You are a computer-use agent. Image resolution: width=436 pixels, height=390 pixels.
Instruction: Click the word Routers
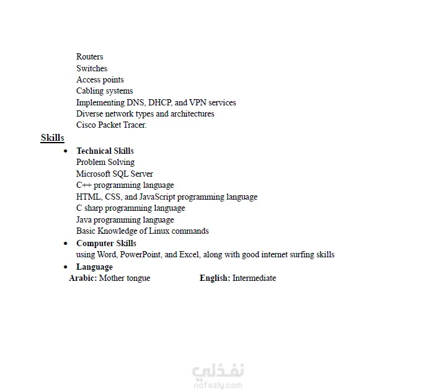coord(90,57)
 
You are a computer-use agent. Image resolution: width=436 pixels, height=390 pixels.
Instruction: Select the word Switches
coord(92,68)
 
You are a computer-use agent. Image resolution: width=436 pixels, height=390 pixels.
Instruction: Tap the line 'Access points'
coord(100,80)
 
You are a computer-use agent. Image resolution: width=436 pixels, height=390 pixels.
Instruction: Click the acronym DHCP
coord(159,102)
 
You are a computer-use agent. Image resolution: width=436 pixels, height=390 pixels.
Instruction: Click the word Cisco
coord(87,125)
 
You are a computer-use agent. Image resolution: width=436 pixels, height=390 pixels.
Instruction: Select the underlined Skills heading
coord(53,138)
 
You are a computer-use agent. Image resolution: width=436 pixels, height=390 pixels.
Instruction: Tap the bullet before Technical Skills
coord(66,151)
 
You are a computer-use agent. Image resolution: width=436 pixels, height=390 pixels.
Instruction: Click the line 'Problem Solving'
coord(105,162)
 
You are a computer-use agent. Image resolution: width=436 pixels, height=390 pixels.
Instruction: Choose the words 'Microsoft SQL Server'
coord(115,174)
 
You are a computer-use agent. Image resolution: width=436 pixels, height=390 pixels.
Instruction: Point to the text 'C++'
coord(83,185)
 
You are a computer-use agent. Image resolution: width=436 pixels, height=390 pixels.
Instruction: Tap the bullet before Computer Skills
coord(66,244)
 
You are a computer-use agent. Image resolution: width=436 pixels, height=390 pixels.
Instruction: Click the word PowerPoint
coord(141,255)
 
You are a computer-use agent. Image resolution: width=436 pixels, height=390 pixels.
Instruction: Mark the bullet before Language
coord(66,267)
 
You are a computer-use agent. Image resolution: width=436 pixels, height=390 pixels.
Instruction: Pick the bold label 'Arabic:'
coord(82,278)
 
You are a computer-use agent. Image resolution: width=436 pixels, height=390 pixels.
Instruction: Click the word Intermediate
coord(254,278)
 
